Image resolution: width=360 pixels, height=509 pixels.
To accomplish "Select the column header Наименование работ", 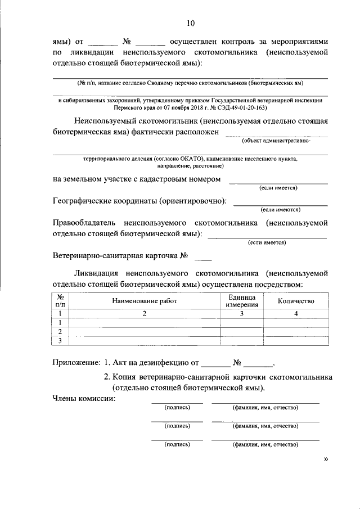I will point(145,301).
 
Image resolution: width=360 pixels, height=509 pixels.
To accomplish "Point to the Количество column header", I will point(296,301).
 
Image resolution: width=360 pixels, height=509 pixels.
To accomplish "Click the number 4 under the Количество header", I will point(296,314).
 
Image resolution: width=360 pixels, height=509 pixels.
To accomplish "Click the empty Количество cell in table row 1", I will point(296,323).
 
